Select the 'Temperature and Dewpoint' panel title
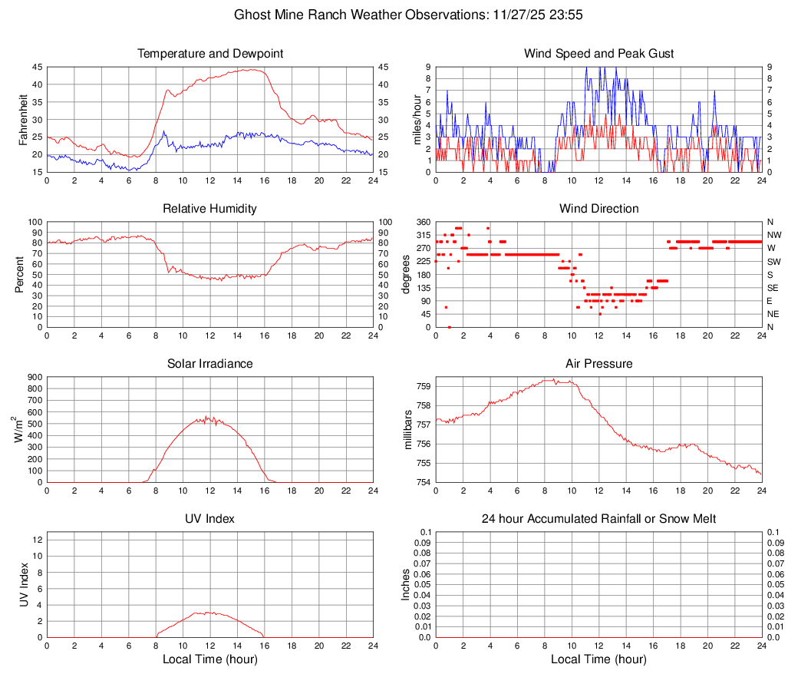point(209,54)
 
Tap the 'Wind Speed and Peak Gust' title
point(598,54)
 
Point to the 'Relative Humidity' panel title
point(209,209)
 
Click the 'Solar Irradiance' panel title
point(209,363)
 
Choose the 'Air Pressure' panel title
point(598,363)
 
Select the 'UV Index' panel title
point(209,519)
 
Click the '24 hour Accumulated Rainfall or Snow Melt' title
point(598,519)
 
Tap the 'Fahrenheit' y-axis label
point(22,119)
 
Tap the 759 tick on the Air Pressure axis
point(423,386)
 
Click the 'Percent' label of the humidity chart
point(20,274)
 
